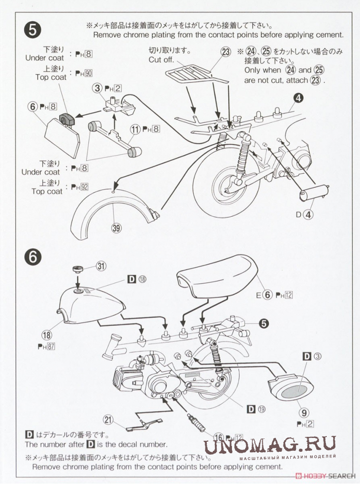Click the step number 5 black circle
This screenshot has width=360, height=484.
(32, 31)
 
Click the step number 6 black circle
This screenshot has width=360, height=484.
(32, 257)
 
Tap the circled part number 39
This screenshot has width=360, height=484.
(116, 228)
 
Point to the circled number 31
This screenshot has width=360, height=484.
(101, 266)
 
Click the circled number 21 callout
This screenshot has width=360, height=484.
(108, 420)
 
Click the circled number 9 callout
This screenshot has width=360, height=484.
(304, 412)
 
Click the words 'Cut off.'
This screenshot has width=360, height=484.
(162, 60)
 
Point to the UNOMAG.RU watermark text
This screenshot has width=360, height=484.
(269, 445)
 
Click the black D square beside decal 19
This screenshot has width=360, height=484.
(252, 410)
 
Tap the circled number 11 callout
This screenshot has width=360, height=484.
(136, 129)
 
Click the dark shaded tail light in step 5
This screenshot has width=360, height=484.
(67, 119)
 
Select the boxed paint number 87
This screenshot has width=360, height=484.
(51, 346)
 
